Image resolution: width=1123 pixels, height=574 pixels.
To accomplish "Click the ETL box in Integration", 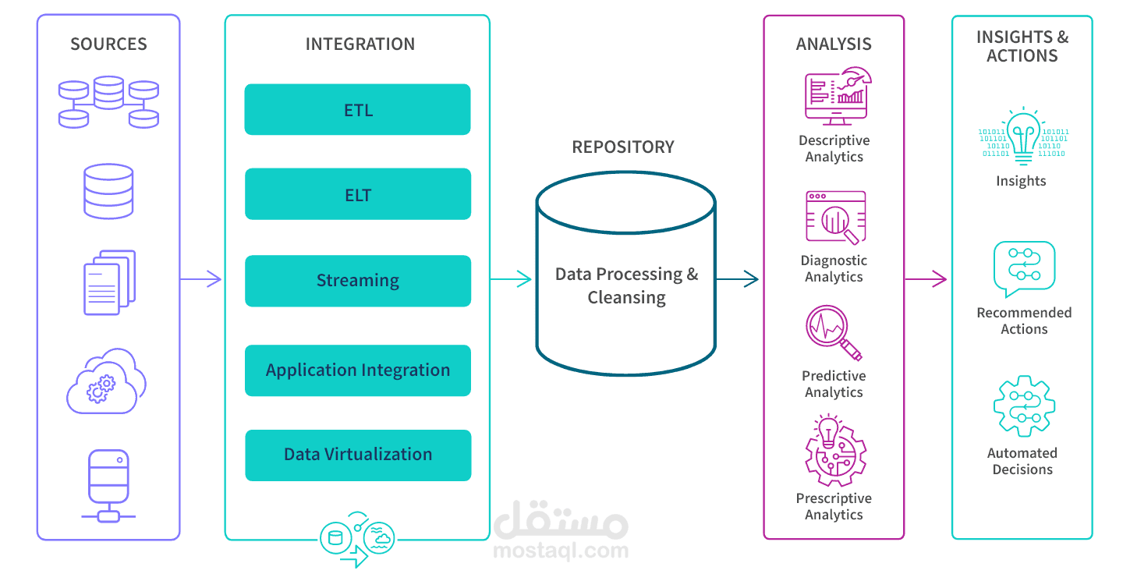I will [357, 110].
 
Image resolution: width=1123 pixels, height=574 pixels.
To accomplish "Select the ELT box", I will [357, 194].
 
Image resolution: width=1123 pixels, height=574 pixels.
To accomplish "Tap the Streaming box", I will [357, 281].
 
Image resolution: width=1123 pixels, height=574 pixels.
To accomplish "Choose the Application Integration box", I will [357, 370].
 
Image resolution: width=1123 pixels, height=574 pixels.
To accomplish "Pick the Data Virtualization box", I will [357, 455].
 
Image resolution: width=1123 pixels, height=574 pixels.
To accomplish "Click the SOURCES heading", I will [108, 44].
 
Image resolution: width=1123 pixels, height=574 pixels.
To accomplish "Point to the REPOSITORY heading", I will [623, 147].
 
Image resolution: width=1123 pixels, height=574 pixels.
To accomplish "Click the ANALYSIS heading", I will [834, 44].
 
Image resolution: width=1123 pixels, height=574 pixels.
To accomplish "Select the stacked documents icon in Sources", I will [109, 282].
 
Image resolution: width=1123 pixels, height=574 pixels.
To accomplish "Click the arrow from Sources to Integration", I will [201, 278].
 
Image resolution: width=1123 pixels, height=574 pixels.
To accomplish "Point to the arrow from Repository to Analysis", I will [738, 278].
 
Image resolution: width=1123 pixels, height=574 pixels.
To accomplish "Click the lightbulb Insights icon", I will [1022, 136].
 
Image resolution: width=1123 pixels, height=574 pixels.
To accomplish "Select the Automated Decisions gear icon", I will [1024, 406].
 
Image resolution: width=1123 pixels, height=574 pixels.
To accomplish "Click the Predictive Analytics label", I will [834, 384].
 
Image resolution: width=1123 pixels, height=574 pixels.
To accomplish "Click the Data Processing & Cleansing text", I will [626, 285].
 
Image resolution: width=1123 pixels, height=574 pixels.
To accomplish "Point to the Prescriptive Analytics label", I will [834, 506].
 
